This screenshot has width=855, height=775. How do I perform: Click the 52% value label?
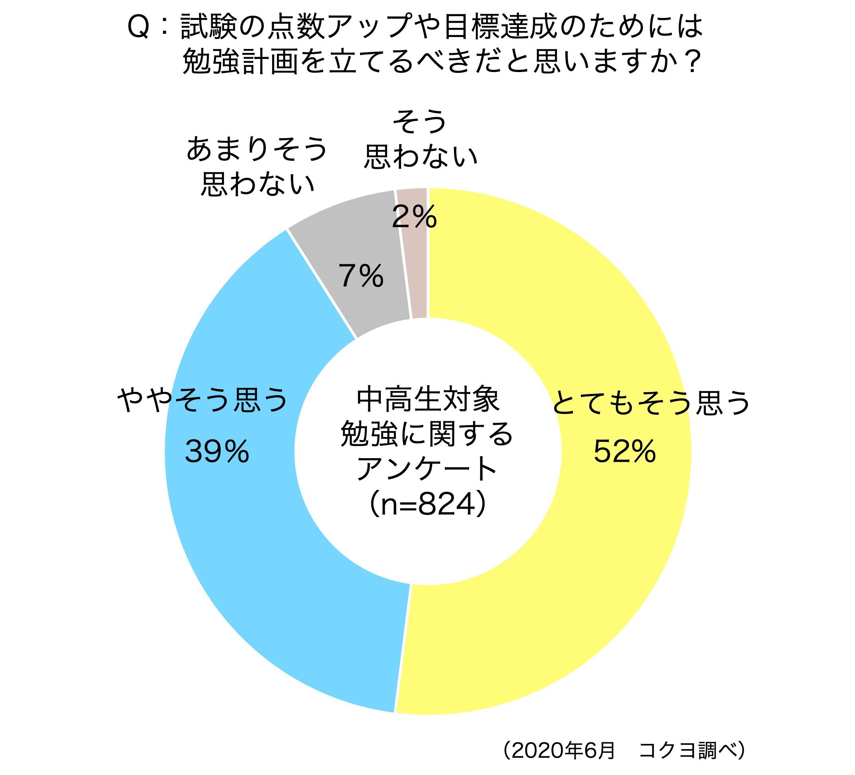pos(624,451)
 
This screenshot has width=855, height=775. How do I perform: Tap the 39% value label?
pos(217,451)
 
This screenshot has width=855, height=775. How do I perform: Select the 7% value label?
pos(361,276)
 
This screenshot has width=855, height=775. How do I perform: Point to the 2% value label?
pos(414,217)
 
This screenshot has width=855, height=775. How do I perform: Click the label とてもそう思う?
pos(651,403)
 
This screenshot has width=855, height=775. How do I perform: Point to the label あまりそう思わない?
pos(257,166)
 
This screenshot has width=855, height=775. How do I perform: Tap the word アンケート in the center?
pos(427,469)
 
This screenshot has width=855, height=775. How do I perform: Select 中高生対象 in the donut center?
pos(427,400)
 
